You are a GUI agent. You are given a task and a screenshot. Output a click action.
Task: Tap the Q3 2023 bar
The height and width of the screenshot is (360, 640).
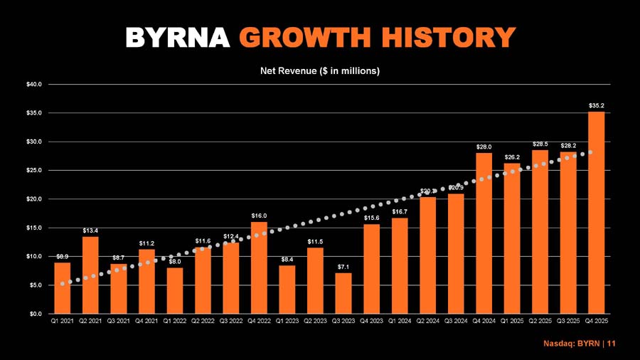pos(343,293)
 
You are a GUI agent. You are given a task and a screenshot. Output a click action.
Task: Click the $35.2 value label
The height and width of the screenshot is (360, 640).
pos(596,105)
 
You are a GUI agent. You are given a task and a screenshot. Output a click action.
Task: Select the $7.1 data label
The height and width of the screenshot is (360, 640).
pos(343,267)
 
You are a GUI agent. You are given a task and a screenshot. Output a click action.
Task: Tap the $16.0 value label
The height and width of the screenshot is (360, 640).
pos(259,216)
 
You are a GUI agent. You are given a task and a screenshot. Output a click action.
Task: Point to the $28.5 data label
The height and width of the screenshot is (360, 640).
pos(540,144)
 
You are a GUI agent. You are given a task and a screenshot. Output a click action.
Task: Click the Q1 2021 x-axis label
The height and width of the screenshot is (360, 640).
pos(63,322)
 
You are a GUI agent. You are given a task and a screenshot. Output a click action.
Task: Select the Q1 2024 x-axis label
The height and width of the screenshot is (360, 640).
pos(400,322)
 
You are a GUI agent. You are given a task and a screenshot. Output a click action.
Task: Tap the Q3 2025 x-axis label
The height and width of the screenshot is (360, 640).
pos(568,322)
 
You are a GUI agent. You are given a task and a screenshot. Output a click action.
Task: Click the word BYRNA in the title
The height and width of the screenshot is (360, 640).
pos(178,37)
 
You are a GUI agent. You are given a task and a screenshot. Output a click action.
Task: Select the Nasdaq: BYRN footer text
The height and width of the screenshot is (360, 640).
pos(575,344)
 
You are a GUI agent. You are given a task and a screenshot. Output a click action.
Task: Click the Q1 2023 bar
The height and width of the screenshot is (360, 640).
pos(287,289)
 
